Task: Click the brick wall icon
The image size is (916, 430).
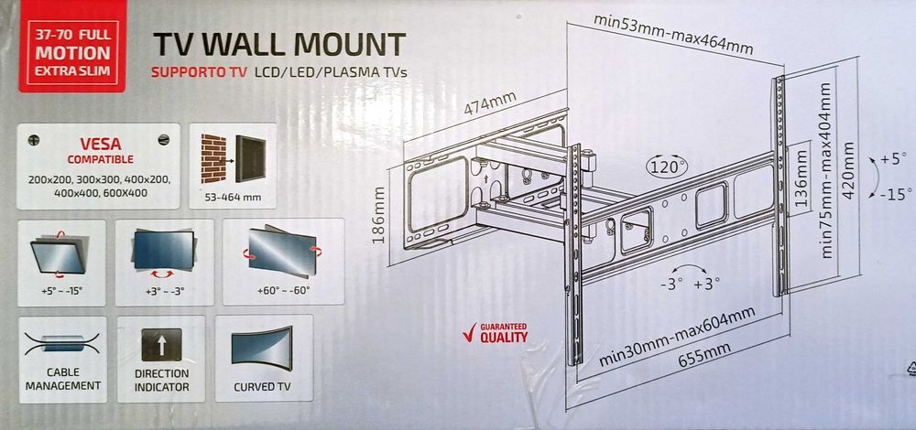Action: [212, 161]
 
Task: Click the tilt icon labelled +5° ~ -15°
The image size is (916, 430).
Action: [61, 253]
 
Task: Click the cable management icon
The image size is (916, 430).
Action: [61, 345]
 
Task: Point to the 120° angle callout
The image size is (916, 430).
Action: [667, 168]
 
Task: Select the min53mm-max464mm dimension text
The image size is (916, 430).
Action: [673, 46]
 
